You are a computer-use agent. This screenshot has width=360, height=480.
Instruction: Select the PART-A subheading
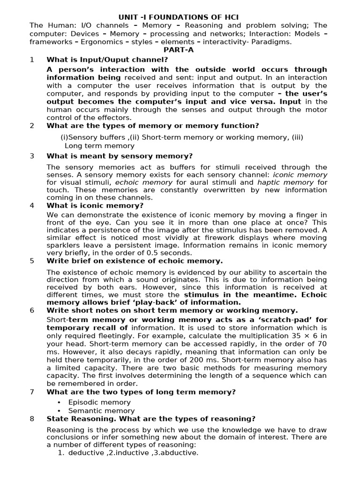pyautogui.click(x=178, y=50)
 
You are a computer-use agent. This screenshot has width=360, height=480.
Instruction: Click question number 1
pyautogui.click(x=32, y=60)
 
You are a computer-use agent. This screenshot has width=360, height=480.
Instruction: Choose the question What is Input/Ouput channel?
pyautogui.click(x=107, y=60)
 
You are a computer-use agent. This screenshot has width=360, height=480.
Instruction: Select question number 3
pyautogui.click(x=32, y=156)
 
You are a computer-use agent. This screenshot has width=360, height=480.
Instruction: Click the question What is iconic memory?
pyautogui.click(x=95, y=205)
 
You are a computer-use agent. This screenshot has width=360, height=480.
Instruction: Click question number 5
pyautogui.click(x=32, y=261)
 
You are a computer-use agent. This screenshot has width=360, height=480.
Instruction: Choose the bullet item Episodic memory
pyautogui.click(x=99, y=402)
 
